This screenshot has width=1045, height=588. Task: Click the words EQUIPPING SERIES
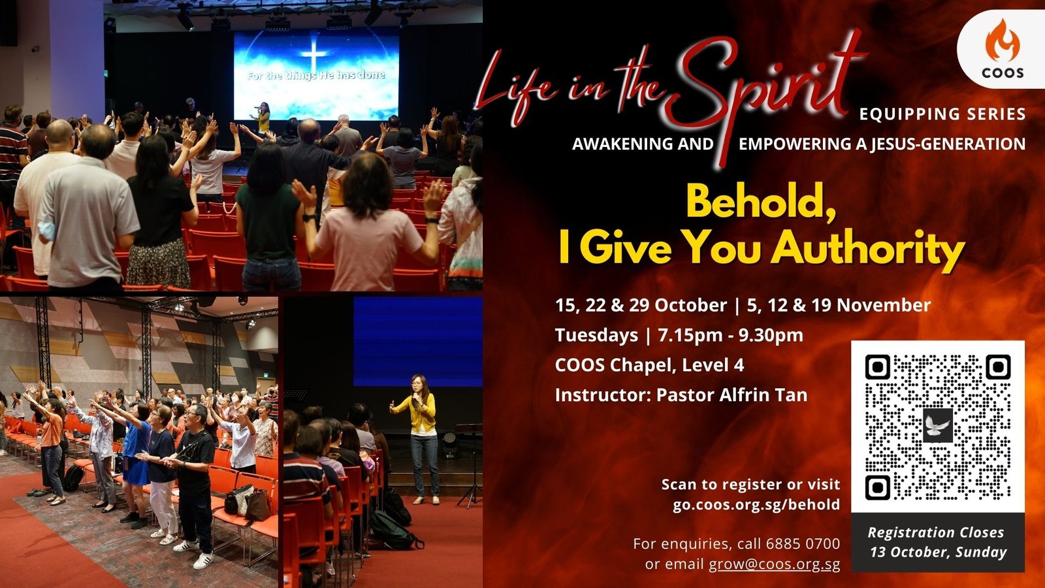tap(942, 114)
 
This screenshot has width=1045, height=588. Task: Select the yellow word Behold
tap(760, 202)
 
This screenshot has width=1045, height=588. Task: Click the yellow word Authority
tap(868, 249)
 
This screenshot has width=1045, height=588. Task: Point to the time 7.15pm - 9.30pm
tap(731, 335)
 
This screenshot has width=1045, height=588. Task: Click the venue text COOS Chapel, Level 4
tap(649, 365)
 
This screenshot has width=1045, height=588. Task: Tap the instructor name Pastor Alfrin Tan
tap(731, 395)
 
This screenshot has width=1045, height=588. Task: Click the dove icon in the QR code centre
tap(938, 425)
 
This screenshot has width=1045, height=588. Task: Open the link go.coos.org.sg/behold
tap(756, 504)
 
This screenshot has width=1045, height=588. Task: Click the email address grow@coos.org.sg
tap(775, 564)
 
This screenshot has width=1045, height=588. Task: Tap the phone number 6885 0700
tap(803, 544)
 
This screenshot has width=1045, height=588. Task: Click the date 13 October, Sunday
tap(938, 552)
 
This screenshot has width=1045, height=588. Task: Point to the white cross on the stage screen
tap(314, 52)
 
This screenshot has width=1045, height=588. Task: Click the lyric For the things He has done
tap(316, 75)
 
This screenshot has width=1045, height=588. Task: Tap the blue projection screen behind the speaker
tap(418, 342)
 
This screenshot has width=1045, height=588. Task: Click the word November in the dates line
tap(884, 305)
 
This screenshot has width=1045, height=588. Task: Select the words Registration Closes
tap(936, 532)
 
